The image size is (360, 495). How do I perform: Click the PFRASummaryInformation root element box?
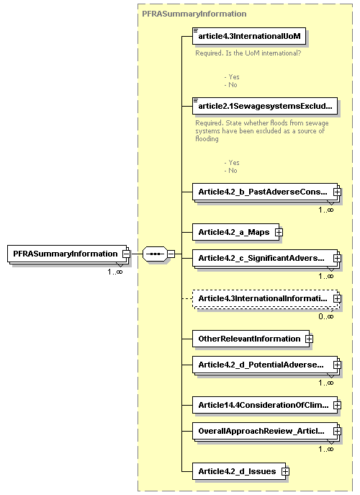[65, 254]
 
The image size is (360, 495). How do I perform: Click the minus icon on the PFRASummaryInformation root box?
[126, 254]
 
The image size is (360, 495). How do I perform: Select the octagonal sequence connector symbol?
[155, 254]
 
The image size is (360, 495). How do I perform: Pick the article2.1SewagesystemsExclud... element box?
[265, 106]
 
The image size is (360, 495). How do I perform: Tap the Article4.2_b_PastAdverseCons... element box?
[261, 192]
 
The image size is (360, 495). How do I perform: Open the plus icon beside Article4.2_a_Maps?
[279, 232]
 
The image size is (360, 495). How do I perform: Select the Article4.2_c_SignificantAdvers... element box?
[261, 257]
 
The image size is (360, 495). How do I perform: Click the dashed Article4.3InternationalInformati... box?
[261, 298]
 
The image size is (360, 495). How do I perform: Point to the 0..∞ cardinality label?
[326, 316]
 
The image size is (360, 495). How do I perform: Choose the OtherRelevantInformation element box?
[248, 338]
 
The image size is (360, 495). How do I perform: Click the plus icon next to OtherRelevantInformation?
[309, 338]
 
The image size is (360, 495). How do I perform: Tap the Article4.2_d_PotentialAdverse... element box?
[261, 364]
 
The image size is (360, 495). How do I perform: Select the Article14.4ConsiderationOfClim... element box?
[261, 404]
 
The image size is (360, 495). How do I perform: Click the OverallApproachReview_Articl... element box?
[261, 431]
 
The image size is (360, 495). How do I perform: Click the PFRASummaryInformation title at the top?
[194, 14]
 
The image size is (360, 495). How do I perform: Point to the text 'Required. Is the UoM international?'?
[248, 53]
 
